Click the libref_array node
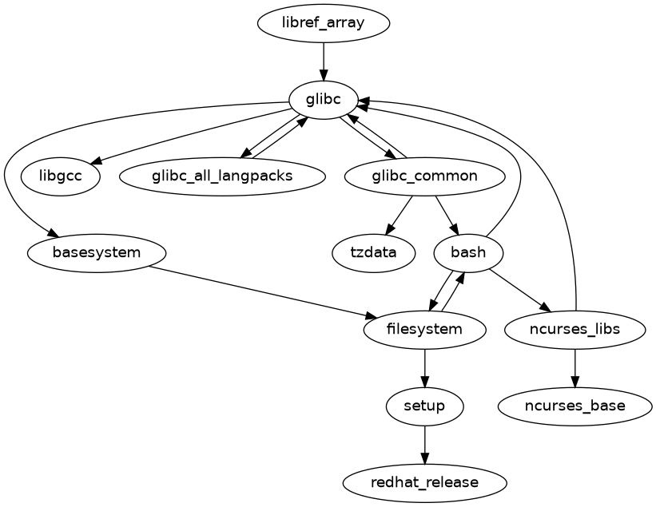[324, 22]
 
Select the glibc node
[324, 100]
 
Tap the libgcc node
[60, 176]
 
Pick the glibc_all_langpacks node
[223, 176]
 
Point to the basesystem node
[97, 253]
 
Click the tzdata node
[374, 253]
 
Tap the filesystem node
[424, 329]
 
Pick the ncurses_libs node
[575, 329]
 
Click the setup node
[424, 406]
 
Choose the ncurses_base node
[575, 406]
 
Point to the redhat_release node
[424, 483]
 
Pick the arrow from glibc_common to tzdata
[400, 214]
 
